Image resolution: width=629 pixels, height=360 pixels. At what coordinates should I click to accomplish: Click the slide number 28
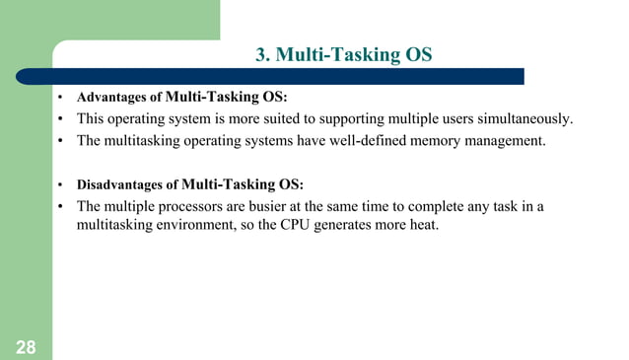(x=26, y=346)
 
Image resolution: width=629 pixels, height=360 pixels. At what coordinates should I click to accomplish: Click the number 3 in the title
(x=261, y=54)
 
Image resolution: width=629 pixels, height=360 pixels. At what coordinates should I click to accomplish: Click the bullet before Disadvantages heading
(x=60, y=185)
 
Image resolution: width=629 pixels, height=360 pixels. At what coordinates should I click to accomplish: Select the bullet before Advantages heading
(x=60, y=99)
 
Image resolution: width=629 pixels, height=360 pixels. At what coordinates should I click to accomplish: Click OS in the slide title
(x=418, y=54)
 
